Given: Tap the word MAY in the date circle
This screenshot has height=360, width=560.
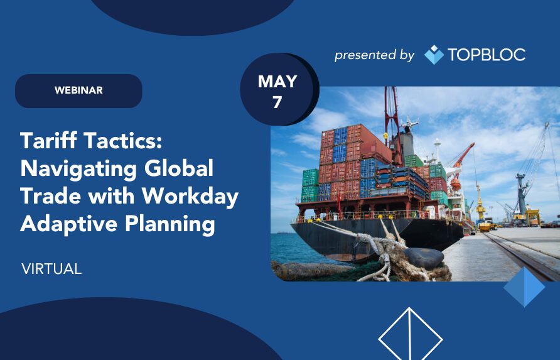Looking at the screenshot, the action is [x=277, y=82].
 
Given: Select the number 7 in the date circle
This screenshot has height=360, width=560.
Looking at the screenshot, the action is [x=277, y=102].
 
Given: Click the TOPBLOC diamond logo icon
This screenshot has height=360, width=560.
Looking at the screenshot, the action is [x=434, y=55].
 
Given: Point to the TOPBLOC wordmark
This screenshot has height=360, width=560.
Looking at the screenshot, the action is [x=487, y=55].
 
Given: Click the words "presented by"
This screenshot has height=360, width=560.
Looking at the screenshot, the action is [x=374, y=55].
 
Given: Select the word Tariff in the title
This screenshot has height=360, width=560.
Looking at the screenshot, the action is [x=48, y=140].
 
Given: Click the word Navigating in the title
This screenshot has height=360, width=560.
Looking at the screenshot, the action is [x=78, y=169].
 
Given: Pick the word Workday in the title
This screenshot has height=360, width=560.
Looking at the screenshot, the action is [x=190, y=196].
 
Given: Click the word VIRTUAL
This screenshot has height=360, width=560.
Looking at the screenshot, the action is [x=51, y=269].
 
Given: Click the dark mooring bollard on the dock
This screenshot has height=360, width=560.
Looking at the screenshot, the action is [x=424, y=258].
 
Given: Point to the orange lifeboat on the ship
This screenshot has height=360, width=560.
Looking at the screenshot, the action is [x=455, y=185].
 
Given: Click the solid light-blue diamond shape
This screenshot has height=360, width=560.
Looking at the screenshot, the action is [x=524, y=287].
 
